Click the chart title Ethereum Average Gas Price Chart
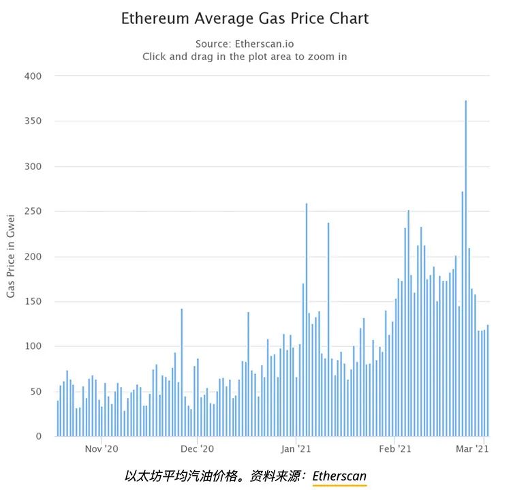[245, 18]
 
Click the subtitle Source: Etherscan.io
[245, 44]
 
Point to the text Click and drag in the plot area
[245, 57]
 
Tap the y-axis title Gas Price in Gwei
[11, 256]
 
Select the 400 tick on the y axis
[33, 76]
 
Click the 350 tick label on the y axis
[33, 121]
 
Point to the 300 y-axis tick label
[33, 166]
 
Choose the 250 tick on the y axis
[33, 211]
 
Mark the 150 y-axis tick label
[33, 301]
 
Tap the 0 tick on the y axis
[39, 436]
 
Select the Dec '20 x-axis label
[198, 449]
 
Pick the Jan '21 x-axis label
[296, 449]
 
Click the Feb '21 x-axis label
[395, 449]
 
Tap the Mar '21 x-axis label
[473, 449]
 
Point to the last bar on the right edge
[488, 382]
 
